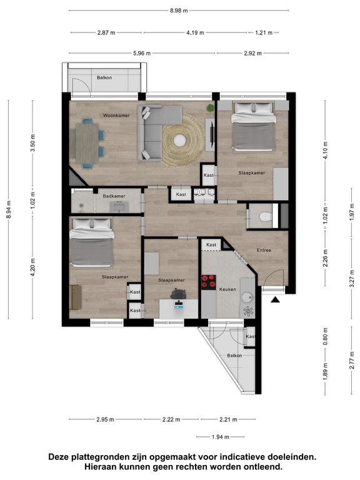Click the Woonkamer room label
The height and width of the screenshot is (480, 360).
click(x=116, y=116)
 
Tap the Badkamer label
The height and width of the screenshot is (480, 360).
click(x=114, y=196)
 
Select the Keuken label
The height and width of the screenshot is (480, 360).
click(x=227, y=289)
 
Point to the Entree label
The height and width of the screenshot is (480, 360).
click(x=264, y=250)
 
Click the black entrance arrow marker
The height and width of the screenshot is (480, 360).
click(x=276, y=300)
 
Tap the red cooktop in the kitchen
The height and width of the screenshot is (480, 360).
click(x=209, y=282)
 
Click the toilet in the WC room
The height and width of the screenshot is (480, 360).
click(x=266, y=217)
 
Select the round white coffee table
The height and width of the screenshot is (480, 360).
click(x=179, y=141)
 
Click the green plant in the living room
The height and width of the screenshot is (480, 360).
click(x=210, y=107)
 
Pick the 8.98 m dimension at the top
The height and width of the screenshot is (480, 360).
click(x=179, y=11)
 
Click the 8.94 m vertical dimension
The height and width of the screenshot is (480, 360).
click(x=9, y=210)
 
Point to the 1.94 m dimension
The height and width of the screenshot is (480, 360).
click(x=221, y=437)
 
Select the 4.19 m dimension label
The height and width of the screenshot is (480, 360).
click(x=195, y=32)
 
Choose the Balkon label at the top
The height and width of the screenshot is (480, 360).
click(x=104, y=77)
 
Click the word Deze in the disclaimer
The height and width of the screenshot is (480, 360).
click(x=59, y=457)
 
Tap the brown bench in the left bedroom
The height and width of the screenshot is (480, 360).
click(x=76, y=297)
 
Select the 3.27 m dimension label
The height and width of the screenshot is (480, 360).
click(x=352, y=277)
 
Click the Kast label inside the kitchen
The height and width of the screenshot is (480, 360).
click(x=211, y=245)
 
